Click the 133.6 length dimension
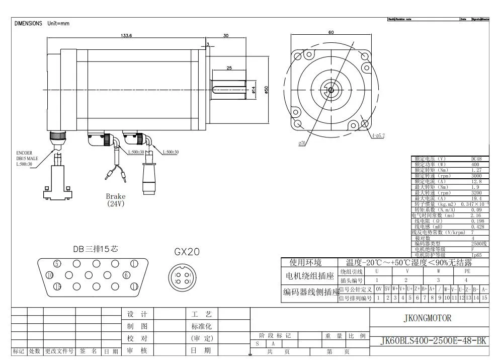coord(126,36)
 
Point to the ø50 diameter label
coord(267,89)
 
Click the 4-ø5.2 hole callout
coord(379,135)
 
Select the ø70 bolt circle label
coord(302,143)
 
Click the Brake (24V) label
coord(116,200)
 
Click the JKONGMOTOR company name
coord(428,318)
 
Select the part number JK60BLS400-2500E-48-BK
coord(429,341)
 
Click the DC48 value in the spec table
coord(476,159)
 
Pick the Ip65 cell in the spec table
coord(476,255)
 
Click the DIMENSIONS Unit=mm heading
coord(42,24)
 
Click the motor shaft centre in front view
coord(330,90)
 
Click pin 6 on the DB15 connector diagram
coord(126,275)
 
